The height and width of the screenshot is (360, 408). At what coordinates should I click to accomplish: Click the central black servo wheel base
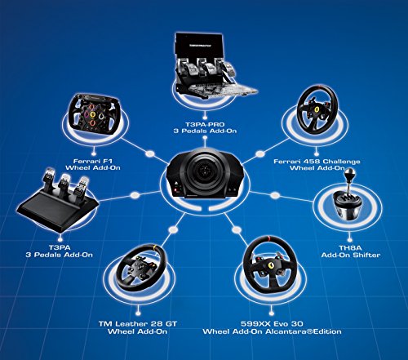point(204,174)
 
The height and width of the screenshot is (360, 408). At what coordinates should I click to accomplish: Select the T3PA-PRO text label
point(206,125)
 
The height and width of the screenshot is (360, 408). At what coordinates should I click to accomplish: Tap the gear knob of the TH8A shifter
point(349,172)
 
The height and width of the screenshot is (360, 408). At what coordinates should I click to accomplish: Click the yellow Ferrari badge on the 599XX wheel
point(271,265)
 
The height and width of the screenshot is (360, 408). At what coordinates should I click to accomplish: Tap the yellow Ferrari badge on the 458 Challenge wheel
point(317,109)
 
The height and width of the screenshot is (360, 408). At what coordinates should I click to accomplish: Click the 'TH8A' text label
point(350,248)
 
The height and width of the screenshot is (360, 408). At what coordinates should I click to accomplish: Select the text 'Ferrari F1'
point(93,161)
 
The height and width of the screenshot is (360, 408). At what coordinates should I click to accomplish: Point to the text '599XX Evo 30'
point(272,324)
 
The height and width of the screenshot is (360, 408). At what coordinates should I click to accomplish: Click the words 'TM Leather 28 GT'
point(138,324)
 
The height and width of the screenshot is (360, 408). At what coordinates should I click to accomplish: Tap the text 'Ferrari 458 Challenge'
point(317,162)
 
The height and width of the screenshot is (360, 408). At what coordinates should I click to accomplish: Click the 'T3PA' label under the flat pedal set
point(60,247)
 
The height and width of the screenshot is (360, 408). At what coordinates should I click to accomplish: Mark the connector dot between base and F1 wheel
point(149,153)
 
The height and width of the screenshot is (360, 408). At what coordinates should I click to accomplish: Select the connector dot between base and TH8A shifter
point(275,195)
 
